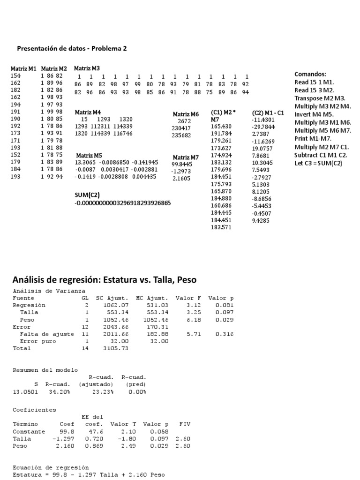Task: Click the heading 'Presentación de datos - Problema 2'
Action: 72,48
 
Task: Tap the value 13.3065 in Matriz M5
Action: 84,162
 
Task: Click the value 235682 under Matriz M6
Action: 181,135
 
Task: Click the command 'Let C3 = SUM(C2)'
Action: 318,163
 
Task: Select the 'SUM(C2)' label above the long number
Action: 87,195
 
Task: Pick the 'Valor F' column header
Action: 187,298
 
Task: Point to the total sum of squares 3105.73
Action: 117,348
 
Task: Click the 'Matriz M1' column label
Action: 23,69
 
